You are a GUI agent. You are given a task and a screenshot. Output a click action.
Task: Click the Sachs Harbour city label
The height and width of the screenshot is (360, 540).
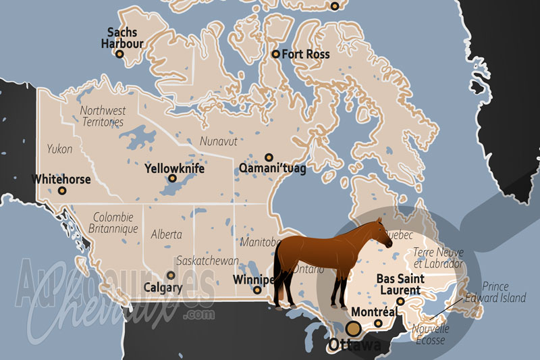(122, 38)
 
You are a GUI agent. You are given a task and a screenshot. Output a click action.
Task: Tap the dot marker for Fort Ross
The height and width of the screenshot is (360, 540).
(275, 54)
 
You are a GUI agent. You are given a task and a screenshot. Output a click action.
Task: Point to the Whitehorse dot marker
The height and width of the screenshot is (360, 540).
(62, 190)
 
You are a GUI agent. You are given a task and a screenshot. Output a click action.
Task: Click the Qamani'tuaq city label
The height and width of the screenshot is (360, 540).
(273, 168)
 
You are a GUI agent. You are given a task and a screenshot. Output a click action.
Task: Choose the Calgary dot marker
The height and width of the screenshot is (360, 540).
(171, 276)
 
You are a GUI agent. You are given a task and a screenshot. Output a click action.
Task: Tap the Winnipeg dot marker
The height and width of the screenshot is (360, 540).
(257, 290)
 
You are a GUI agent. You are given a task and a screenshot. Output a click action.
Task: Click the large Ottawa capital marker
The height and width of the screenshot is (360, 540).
(353, 329)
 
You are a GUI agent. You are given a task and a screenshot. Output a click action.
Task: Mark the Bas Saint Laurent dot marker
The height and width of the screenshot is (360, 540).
(400, 302)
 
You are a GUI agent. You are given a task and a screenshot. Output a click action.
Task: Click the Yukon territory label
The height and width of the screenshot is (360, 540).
(59, 149)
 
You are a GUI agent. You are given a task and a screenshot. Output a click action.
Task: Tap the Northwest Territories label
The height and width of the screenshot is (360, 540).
(103, 116)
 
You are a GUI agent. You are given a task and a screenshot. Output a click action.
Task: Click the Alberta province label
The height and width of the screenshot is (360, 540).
(166, 234)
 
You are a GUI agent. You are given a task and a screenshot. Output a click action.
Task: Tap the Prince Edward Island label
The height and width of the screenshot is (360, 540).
(504, 292)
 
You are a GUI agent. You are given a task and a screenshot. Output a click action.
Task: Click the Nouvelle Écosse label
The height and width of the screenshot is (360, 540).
(430, 334)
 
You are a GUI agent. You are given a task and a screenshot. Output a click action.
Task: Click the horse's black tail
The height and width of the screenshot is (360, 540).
(277, 270)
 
